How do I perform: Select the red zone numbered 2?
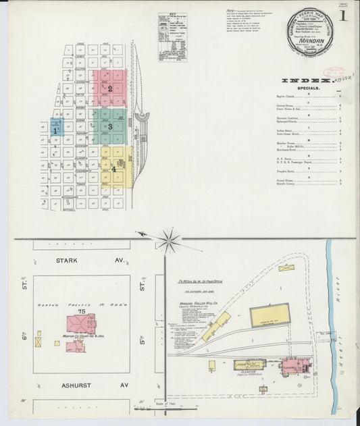click(109, 88)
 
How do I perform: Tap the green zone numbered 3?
click(109, 126)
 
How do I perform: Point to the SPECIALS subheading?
click(310, 88)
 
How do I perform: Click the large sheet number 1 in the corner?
click(344, 16)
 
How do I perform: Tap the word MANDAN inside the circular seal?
click(309, 41)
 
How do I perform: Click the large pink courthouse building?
click(80, 323)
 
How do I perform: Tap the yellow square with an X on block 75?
click(38, 342)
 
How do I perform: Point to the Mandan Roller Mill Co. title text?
click(200, 304)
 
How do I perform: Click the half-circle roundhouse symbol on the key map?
click(143, 117)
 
